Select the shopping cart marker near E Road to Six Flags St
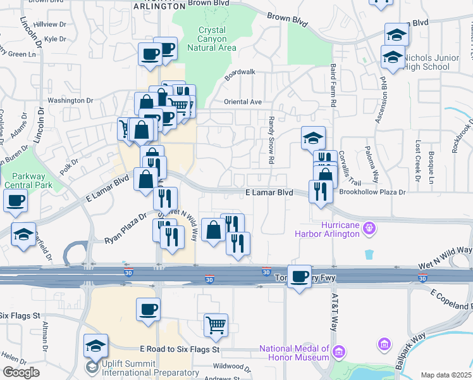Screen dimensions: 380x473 (216, 325)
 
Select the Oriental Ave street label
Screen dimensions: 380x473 (242, 102)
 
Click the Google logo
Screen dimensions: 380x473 (21, 372)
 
